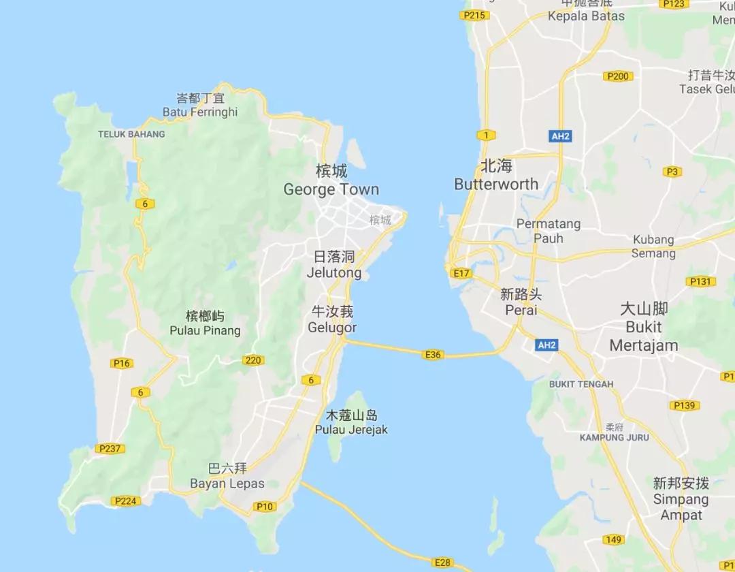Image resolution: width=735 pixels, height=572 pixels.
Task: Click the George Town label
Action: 331,189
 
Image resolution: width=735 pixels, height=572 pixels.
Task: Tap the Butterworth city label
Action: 496,184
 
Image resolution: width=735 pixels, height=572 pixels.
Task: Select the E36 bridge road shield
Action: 432,354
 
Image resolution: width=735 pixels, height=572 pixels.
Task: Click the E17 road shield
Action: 461,273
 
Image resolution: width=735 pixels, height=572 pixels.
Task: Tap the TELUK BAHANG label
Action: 131,134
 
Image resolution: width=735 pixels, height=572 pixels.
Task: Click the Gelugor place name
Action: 332,327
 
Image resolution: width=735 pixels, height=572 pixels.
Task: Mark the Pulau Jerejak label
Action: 351,430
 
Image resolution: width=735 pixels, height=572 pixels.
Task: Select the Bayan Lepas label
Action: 227,484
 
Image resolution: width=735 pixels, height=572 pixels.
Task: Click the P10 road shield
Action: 264,506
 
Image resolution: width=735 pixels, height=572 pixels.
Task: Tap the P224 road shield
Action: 125,501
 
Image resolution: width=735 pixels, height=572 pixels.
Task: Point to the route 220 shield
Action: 253,360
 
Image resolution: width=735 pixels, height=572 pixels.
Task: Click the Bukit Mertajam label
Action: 643,336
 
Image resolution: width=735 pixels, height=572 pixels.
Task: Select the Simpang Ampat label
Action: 681,507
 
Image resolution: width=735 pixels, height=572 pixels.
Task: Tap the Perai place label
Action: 521,310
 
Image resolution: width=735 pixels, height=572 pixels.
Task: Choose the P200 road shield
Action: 617,76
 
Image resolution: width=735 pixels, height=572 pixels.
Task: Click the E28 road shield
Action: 442,562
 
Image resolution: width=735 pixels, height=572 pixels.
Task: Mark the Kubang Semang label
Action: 653,247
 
